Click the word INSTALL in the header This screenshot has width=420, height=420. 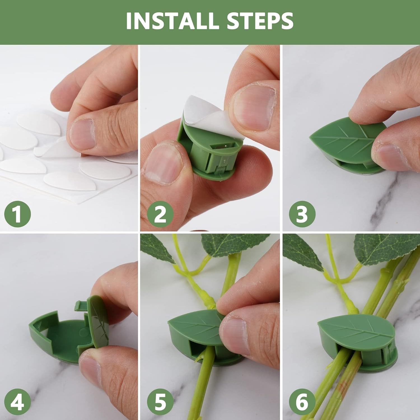(x=174, y=21)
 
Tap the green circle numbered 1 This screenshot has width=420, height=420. (x=17, y=214)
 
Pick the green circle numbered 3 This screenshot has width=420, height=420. (x=302, y=214)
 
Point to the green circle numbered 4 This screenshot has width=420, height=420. (x=17, y=402)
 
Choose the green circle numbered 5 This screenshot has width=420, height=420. (x=160, y=402)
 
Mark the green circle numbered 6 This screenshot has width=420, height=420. (x=302, y=402)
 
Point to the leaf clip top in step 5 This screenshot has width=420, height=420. (x=193, y=325)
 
